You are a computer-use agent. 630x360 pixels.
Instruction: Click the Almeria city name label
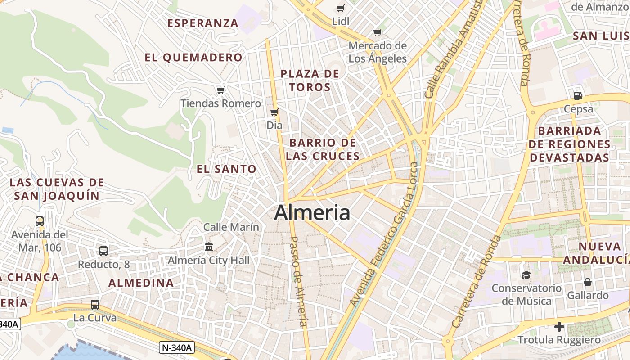(312, 212)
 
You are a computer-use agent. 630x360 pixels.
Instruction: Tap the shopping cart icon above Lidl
(341, 8)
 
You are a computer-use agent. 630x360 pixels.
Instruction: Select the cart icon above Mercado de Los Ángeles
(378, 32)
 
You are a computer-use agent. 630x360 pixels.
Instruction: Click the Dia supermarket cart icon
(274, 112)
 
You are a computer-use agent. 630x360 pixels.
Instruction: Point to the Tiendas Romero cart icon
(220, 90)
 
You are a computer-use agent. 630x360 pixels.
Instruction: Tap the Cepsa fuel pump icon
(578, 95)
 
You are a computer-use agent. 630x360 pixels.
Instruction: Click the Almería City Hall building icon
(209, 247)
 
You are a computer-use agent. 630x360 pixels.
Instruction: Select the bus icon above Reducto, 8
(103, 251)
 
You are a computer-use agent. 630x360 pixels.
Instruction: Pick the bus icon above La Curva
(95, 305)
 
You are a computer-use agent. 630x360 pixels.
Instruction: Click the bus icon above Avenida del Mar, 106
(40, 221)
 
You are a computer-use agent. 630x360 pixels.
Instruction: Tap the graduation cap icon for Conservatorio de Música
(526, 274)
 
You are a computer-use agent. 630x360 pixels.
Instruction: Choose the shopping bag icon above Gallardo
(588, 282)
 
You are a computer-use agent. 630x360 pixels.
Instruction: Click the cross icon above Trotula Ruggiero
(559, 326)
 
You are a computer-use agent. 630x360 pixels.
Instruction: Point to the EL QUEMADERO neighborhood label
(193, 58)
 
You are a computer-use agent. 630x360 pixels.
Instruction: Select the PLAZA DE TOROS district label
(310, 80)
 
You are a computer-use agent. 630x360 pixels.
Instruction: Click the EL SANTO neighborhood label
(226, 169)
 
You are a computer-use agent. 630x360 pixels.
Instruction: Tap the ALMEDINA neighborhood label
(141, 283)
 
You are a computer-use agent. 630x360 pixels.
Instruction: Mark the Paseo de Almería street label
(298, 281)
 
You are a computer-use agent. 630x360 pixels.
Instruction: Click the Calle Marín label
(231, 227)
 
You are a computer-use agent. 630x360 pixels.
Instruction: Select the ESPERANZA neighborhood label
(202, 23)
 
